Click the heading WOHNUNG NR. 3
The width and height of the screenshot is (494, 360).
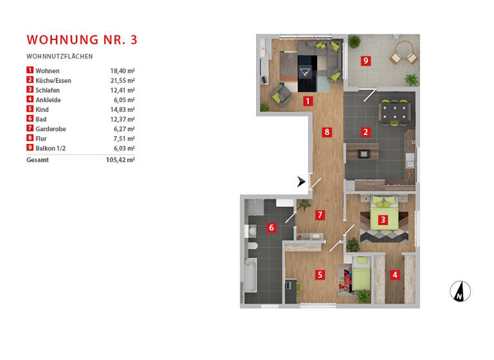(x=82, y=39)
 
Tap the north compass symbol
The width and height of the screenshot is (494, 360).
(x=460, y=291)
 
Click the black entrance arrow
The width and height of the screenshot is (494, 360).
(x=301, y=182)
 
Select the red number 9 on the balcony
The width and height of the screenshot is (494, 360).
(x=365, y=61)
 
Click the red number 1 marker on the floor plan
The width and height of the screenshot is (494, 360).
(x=308, y=101)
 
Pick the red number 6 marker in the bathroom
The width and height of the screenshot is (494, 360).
(x=271, y=228)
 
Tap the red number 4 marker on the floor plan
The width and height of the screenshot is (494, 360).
(x=395, y=274)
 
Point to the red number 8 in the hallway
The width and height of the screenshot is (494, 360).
(x=327, y=133)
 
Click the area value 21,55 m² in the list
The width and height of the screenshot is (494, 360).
(x=122, y=80)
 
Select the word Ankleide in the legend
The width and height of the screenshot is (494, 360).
(x=48, y=100)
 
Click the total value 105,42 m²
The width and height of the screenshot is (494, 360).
(x=120, y=160)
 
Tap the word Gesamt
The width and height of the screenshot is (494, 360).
(x=38, y=160)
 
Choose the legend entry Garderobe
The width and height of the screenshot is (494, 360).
(x=51, y=129)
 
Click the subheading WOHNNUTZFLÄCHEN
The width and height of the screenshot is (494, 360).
(x=59, y=57)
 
